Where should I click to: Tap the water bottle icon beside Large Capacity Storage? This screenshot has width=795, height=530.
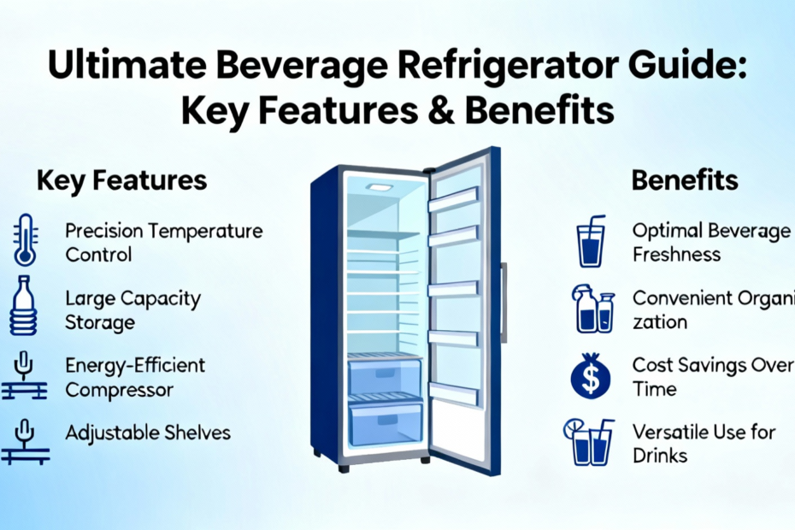pos(23,305)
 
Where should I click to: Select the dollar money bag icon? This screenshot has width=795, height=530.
pos(591,376)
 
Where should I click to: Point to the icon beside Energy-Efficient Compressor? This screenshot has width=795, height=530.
pos(24,375)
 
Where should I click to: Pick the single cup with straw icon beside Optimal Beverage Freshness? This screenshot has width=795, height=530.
pos(592,241)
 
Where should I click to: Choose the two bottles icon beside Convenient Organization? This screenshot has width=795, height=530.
pos(593,309)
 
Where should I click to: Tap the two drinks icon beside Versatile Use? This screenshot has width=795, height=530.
pos(589,442)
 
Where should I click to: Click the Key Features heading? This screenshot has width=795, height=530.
pos(121,181)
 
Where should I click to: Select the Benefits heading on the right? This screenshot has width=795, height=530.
pos(685,180)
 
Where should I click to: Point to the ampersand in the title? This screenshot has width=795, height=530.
pos(440,110)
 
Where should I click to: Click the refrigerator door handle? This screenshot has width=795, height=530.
pos(503,303)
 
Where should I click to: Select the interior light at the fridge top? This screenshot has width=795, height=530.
pos(380,187)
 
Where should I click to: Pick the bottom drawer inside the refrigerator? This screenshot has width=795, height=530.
pos(386,422)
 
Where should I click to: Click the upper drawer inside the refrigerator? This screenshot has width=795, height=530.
pos(385,376)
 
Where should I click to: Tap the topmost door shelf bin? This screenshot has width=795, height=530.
pos(453,199)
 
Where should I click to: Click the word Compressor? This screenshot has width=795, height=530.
pos(119,390)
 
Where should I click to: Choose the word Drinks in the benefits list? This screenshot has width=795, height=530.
pos(660,456)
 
